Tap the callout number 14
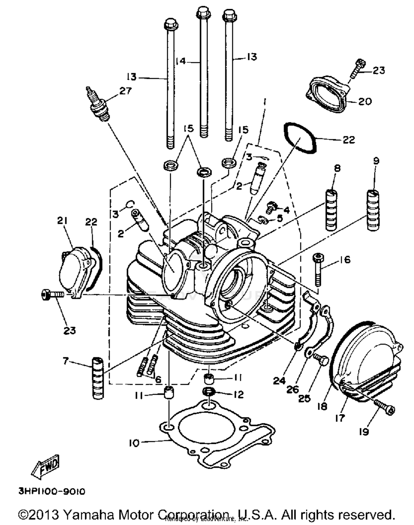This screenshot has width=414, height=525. [x=181, y=61]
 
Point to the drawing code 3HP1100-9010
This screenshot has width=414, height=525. [x=52, y=491]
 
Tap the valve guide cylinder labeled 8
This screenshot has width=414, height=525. [x=331, y=210]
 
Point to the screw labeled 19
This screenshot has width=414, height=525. [x=385, y=407]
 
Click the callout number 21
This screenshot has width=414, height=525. [x=62, y=221]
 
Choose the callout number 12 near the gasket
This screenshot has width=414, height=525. [x=238, y=395]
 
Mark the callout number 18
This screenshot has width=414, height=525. [x=322, y=406]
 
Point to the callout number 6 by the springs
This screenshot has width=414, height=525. [x=158, y=380]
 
